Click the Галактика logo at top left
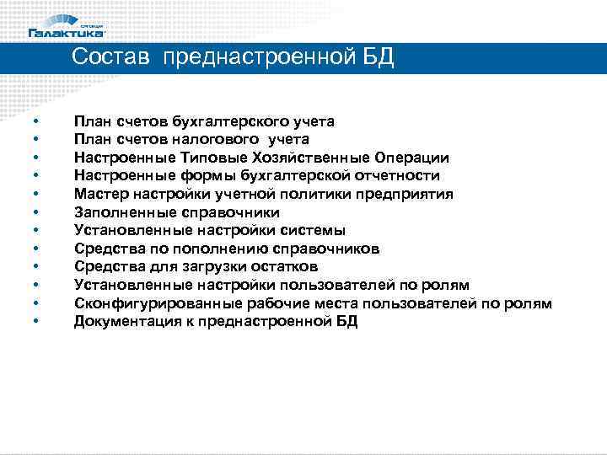click(x=67, y=27)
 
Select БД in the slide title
click(x=375, y=58)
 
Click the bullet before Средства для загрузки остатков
click(x=36, y=267)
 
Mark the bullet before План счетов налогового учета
click(x=36, y=139)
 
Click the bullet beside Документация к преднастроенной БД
click(x=36, y=322)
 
